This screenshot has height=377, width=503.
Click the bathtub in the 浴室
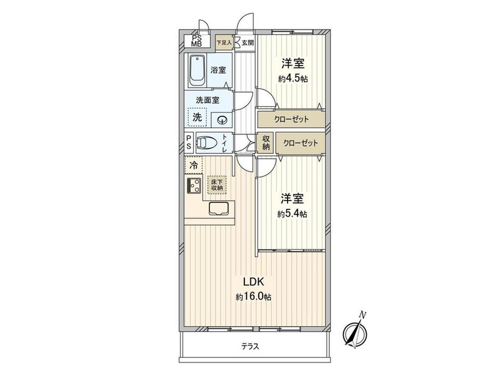[197, 70]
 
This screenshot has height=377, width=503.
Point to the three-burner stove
[194, 186]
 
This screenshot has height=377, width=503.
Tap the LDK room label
[254, 282]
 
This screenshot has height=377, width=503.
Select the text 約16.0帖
[254, 297]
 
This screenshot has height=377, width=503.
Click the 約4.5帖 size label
[293, 79]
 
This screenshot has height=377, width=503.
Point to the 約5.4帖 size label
[293, 214]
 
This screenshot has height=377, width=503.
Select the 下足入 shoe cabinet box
[224, 42]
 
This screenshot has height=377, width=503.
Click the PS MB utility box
[195, 41]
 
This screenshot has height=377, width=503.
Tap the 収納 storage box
[266, 143]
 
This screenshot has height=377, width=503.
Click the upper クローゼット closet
[292, 119]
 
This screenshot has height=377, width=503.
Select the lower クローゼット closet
[300, 143]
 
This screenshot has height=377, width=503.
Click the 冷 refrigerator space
[194, 164]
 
